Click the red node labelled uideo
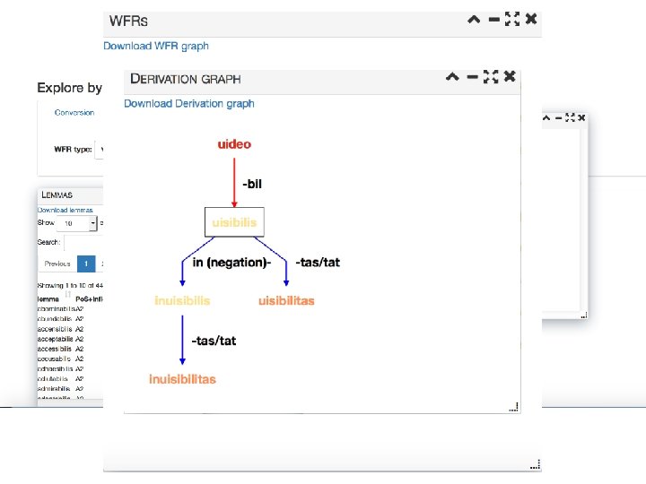tap(234, 144)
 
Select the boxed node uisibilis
tap(234, 222)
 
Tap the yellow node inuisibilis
tap(182, 301)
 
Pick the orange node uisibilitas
tap(286, 301)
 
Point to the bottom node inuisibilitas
tap(182, 379)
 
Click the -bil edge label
tap(252, 184)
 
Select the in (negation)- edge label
tap(231, 263)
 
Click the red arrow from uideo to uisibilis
tap(234, 179)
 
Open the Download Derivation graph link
tap(189, 103)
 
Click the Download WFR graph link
tap(156, 46)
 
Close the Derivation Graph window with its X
tap(510, 77)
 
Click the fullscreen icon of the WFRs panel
tap(512, 19)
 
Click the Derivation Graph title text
tap(186, 79)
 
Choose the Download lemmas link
tap(65, 210)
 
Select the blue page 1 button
tap(85, 264)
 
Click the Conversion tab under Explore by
tap(74, 113)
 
